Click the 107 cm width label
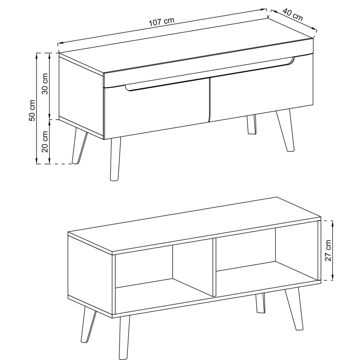[x=162, y=22]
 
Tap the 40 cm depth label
[x=292, y=14]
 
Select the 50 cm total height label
[x=32, y=110]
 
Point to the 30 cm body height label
[x=45, y=84]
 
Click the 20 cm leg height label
[x=45, y=142]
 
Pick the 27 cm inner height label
[x=328, y=251]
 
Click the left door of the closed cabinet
[x=157, y=108]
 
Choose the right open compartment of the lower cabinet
[x=267, y=262]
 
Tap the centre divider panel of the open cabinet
[x=214, y=267]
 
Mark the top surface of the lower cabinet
[x=194, y=225]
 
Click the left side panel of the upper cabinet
[x=81, y=96]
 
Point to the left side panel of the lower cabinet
[x=90, y=275]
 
